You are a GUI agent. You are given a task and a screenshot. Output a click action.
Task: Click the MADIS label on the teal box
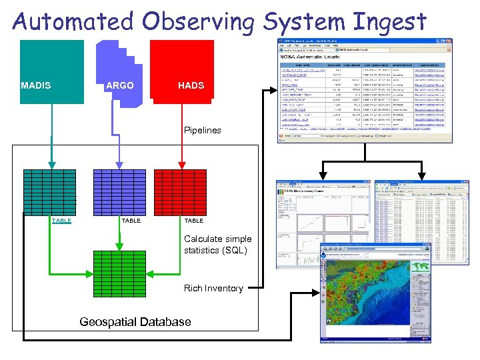pyautogui.click(x=36, y=85)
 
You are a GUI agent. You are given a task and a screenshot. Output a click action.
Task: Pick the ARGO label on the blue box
pyautogui.click(x=119, y=85)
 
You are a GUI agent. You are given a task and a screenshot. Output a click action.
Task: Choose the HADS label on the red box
pyautogui.click(x=191, y=85)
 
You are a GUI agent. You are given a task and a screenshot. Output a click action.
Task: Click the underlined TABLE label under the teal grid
pyautogui.click(x=61, y=221)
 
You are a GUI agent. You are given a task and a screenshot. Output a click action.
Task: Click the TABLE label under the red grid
pyautogui.click(x=193, y=221)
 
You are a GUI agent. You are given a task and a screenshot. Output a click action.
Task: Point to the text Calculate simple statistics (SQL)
pyautogui.click(x=218, y=245)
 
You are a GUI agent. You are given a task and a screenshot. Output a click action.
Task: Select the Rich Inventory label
pyautogui.click(x=213, y=288)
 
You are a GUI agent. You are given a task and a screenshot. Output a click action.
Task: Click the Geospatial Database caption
pyautogui.click(x=135, y=322)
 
